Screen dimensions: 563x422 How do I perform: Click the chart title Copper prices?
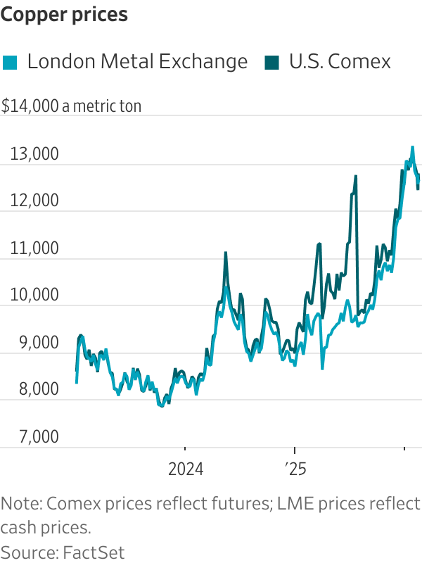65,15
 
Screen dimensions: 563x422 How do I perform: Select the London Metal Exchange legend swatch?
10,62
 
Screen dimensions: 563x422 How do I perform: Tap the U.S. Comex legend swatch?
271,62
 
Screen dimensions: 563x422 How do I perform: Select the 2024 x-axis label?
185,469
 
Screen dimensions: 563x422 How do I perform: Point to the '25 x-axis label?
295,469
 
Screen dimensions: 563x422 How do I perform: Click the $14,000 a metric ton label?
71,106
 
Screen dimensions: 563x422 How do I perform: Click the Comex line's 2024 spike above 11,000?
226,253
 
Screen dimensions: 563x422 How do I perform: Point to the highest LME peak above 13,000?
412,147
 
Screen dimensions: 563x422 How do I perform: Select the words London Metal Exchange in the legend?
137,62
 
